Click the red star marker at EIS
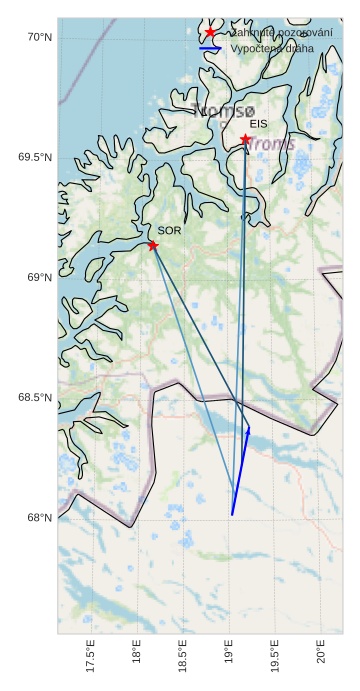click(246, 139)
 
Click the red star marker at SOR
click(153, 245)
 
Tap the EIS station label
click(258, 124)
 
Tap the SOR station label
click(169, 231)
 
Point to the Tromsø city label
click(223, 111)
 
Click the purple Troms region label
click(271, 144)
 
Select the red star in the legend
click(210, 33)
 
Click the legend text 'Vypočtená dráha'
click(271, 48)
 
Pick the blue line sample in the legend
click(210, 48)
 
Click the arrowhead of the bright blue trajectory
click(248, 428)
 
